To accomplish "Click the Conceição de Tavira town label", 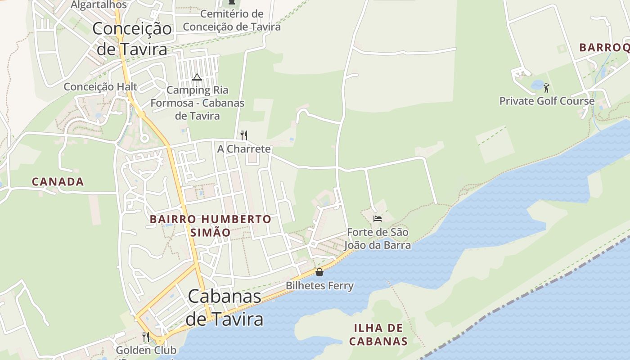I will point(132,39).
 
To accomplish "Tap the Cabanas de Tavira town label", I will point(224,307).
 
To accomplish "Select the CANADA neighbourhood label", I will point(58,182).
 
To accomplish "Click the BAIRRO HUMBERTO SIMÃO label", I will point(210,226).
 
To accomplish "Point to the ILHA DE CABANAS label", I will point(378,334).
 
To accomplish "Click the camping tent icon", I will point(197,77).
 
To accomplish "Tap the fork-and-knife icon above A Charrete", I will point(244,135).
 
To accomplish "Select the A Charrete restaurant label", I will point(244,149).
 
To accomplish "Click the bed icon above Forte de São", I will point(378,219).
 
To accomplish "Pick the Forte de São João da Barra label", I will point(377,239).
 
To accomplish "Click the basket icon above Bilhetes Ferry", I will point(319,272).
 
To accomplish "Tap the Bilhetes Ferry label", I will point(319,286).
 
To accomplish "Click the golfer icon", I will point(547,87).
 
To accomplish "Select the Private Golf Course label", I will point(547,101).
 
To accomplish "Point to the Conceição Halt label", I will point(100,86).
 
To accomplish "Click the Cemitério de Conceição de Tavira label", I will point(231,20).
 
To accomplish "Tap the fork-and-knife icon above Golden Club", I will point(145,337).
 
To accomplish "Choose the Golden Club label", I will point(146,350).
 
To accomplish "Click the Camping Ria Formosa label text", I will point(197,103).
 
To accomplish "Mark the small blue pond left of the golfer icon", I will point(537,85).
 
